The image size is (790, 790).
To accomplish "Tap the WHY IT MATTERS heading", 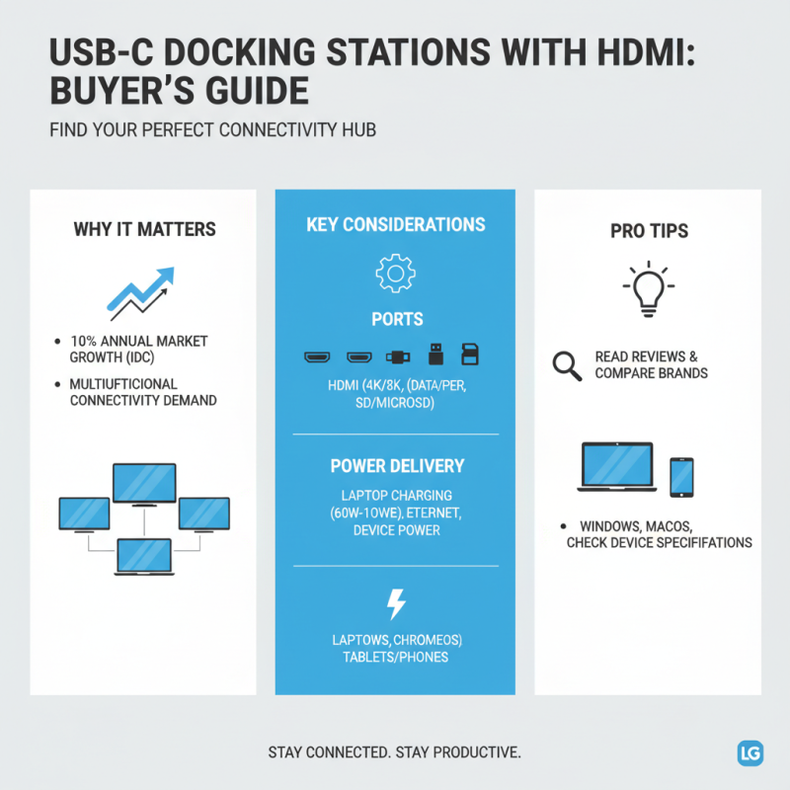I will [144, 230].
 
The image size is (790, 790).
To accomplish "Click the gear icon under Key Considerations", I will [395, 272].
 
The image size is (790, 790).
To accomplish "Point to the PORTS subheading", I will [395, 320].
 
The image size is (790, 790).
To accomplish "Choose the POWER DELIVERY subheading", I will [395, 465].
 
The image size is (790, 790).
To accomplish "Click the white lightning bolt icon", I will [395, 603].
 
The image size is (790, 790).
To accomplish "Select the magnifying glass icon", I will [567, 365].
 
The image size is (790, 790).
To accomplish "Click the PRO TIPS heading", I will [649, 231].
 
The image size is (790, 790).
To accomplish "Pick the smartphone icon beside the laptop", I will [682, 477].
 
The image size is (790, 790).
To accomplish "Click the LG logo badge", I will [750, 752].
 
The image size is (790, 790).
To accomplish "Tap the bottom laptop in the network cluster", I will [144, 556].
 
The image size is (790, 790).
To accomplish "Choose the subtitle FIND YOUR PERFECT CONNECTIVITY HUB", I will [213, 130].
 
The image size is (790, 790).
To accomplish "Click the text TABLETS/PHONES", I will [395, 657].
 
